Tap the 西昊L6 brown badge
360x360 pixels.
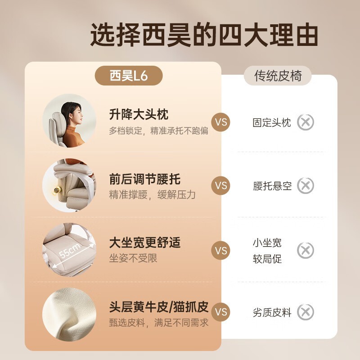coord(128,76)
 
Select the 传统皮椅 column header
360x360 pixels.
coord(278,76)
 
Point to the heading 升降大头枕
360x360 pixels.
coord(139,115)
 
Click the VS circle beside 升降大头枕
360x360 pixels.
coord(220,122)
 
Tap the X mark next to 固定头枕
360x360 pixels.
coord(306,122)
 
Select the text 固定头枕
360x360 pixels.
coord(272,122)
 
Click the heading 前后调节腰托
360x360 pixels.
coord(144,179)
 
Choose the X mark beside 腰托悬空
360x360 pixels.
coord(306,185)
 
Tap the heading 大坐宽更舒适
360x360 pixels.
coord(144,243)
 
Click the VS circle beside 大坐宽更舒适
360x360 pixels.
coord(220,250)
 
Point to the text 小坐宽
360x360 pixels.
coord(267,243)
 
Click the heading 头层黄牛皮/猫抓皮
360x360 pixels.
coord(159,307)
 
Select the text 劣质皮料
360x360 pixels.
coord(272,313)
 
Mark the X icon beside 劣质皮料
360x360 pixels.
coord(306,312)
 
